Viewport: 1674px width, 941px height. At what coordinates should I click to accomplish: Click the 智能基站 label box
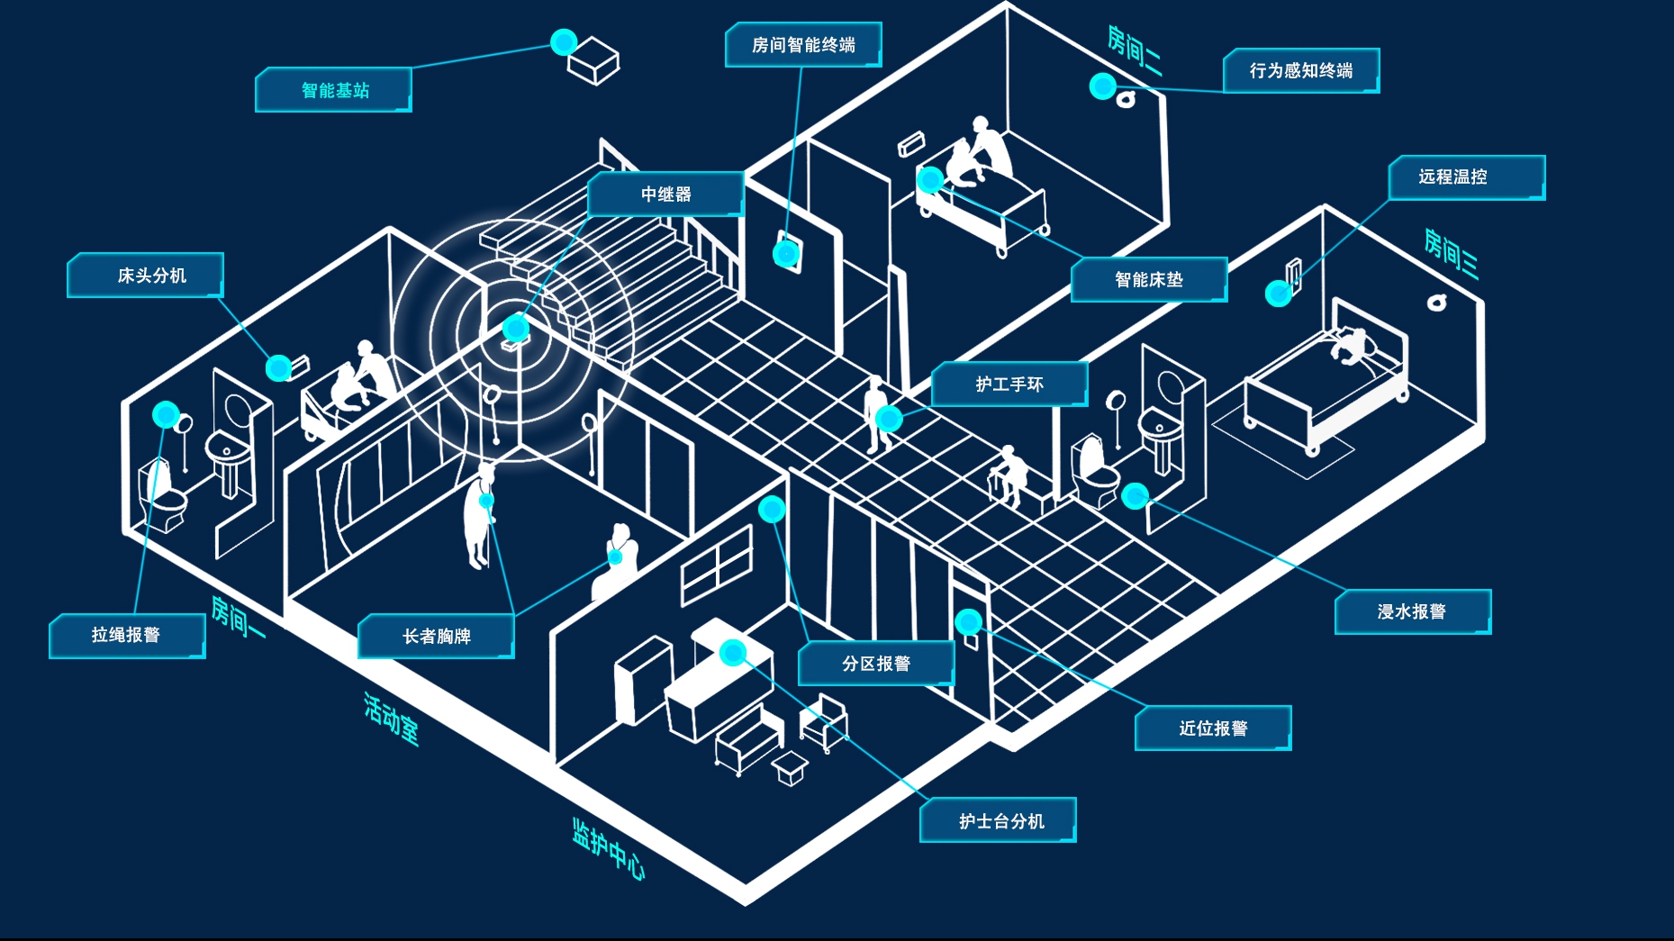coord(334,90)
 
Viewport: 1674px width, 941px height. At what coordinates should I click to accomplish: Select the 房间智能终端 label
coord(803,45)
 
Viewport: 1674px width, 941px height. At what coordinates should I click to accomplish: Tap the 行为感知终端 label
coord(1301,70)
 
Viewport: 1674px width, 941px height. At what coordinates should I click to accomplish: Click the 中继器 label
coord(665,195)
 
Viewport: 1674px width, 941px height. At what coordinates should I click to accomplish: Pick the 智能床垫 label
coord(1149,280)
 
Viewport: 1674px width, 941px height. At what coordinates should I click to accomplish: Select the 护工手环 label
coord(1009,385)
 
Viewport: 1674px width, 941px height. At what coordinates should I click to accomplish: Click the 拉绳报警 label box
coord(127,636)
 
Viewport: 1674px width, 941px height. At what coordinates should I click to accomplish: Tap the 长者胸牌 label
coord(436,637)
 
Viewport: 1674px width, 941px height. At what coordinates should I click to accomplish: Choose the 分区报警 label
coord(875,664)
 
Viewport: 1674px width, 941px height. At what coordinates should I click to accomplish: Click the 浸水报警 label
coord(1412,612)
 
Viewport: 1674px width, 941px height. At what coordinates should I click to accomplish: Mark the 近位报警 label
coord(1213,728)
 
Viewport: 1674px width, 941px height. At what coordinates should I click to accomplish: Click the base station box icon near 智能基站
coord(593,61)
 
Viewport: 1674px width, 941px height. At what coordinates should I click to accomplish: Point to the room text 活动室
coord(391,718)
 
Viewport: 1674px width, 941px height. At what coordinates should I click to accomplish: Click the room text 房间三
coord(1451,253)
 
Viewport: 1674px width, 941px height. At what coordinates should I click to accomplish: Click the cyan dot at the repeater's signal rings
coord(515,328)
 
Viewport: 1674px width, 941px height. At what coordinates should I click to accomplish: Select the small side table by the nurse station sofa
coord(790,768)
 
